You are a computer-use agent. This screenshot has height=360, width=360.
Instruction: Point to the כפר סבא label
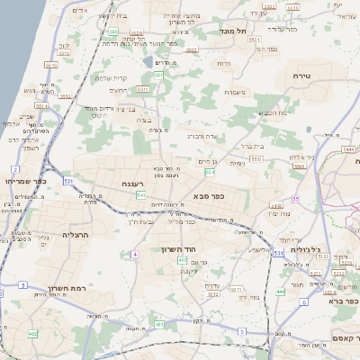208,194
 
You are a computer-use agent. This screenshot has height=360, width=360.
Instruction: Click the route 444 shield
281,292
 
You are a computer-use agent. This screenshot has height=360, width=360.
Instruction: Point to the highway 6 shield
304,302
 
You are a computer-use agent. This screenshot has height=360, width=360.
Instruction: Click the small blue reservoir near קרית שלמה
147,62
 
